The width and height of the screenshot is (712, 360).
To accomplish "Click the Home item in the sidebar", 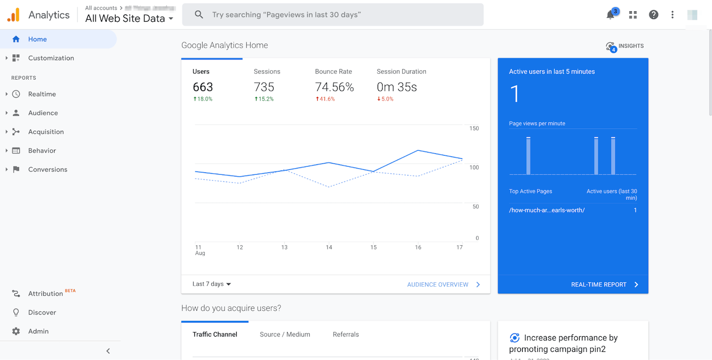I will [37, 39].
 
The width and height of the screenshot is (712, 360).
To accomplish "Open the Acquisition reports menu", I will [46, 132].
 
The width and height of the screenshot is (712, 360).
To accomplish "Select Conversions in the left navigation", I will [48, 170].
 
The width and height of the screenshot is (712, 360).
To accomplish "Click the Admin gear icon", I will [16, 331].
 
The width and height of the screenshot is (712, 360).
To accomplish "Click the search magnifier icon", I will [198, 14].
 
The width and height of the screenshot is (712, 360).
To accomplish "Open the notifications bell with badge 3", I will [611, 14].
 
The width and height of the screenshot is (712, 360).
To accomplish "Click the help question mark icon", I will [653, 14].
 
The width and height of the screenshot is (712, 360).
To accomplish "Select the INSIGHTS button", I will [625, 46].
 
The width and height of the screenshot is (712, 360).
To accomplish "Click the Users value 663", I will [203, 87].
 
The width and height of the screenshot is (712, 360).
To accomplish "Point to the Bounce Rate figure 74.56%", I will [334, 87].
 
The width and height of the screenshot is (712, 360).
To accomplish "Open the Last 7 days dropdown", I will [212, 284].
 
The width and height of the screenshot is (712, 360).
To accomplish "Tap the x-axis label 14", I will [329, 247].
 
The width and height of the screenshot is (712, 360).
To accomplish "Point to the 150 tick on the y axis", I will [474, 128].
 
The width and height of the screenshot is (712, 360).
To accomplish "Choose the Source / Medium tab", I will [285, 334].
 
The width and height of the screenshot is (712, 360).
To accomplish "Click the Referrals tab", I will [346, 334].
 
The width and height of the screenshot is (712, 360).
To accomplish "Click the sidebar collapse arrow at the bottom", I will [108, 351].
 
